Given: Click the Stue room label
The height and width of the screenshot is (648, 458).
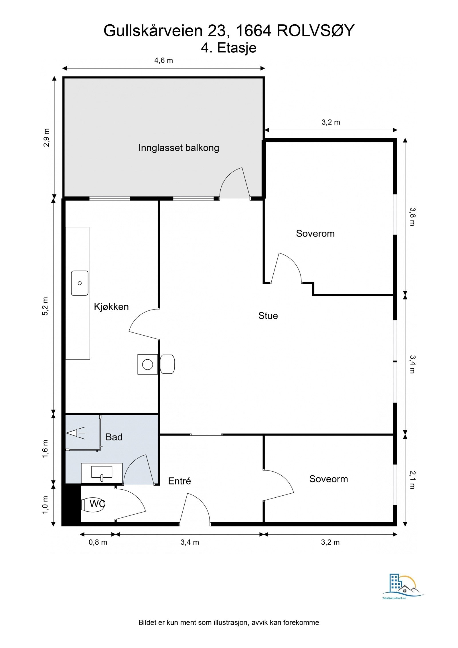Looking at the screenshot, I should (268, 316).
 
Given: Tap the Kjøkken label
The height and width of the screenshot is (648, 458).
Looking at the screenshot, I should (111, 307).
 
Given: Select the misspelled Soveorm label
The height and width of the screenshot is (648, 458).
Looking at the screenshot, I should (328, 479).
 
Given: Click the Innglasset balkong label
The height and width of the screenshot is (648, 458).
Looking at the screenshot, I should (179, 148).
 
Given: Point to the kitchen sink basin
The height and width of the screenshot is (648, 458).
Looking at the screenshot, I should (80, 283).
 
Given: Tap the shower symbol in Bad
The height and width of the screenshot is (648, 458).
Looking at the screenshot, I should (76, 433).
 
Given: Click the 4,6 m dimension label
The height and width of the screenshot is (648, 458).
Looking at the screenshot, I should (163, 60).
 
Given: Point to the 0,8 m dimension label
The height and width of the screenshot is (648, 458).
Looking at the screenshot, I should (98, 542).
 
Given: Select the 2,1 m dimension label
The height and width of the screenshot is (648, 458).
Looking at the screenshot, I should (412, 480).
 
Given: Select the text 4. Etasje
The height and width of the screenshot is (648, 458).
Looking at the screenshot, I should (228, 48).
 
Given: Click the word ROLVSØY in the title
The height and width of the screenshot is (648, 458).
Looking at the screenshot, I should (315, 31).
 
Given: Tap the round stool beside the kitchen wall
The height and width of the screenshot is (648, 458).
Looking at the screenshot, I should (167, 364).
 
